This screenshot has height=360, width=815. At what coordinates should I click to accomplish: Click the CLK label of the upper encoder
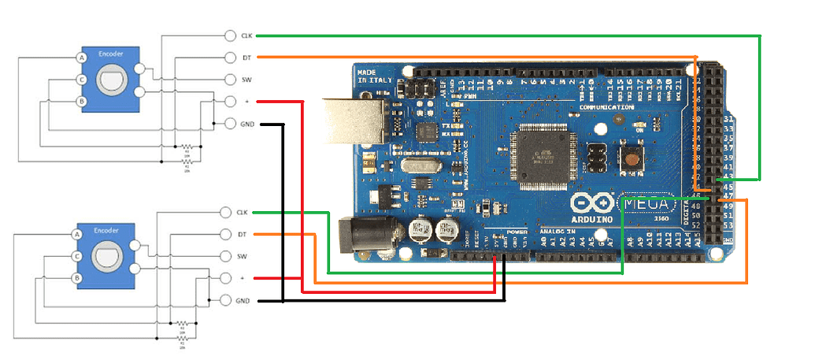click(x=246, y=35)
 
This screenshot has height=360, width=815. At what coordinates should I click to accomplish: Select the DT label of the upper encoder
click(x=246, y=58)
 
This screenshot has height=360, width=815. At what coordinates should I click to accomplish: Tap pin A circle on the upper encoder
click(x=80, y=58)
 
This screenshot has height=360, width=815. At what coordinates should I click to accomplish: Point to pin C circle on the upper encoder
click(x=80, y=80)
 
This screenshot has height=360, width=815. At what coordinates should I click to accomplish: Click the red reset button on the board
click(x=631, y=155)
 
